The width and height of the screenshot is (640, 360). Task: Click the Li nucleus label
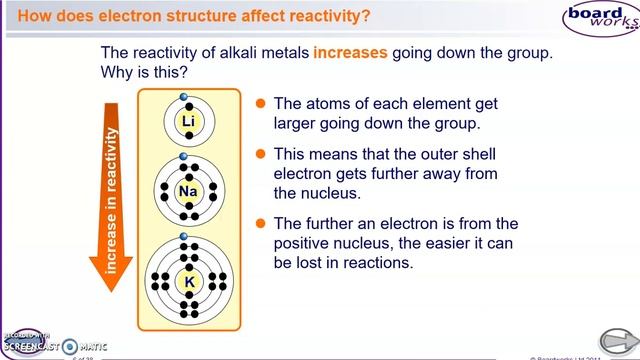coord(188,122)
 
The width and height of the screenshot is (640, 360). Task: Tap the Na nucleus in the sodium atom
coord(188,192)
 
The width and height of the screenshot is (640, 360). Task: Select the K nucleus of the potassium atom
coord(188,282)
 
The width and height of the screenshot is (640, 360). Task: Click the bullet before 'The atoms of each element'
coord(260,103)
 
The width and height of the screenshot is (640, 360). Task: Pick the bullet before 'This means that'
coord(260,154)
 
